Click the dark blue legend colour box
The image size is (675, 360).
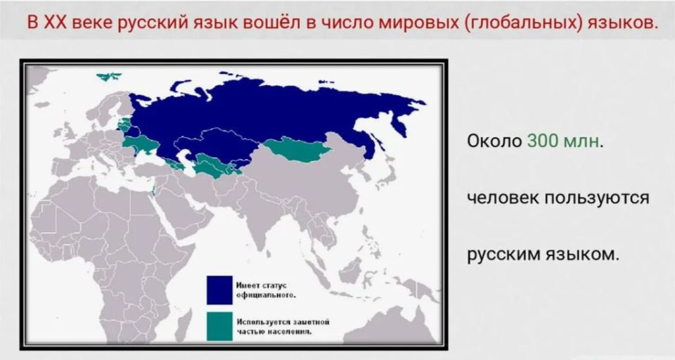click(x=219, y=290)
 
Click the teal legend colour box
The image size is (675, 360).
click(x=219, y=326)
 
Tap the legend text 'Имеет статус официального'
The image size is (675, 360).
click(x=266, y=290)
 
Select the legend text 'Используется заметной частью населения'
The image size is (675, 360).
click(x=283, y=326)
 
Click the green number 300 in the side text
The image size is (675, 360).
click(x=542, y=141)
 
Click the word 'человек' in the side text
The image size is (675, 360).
click(x=503, y=198)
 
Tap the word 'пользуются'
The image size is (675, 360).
click(x=597, y=199)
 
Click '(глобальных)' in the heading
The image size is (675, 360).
click(x=523, y=22)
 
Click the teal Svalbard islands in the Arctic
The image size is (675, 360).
click(x=109, y=77)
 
